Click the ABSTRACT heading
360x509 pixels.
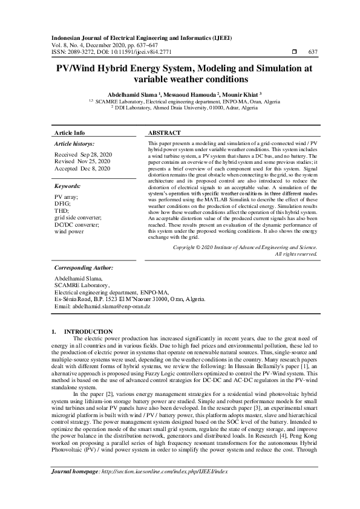[164, 132]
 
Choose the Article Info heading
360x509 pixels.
[70, 132]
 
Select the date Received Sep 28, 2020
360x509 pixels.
[82, 155]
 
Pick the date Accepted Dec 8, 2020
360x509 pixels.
[82, 169]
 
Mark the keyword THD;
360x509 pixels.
[62, 212]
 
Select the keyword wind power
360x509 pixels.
[69, 232]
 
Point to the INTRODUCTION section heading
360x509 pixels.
[88, 331]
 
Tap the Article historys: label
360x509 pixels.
[74, 144]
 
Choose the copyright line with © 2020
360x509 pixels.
[244, 247]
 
